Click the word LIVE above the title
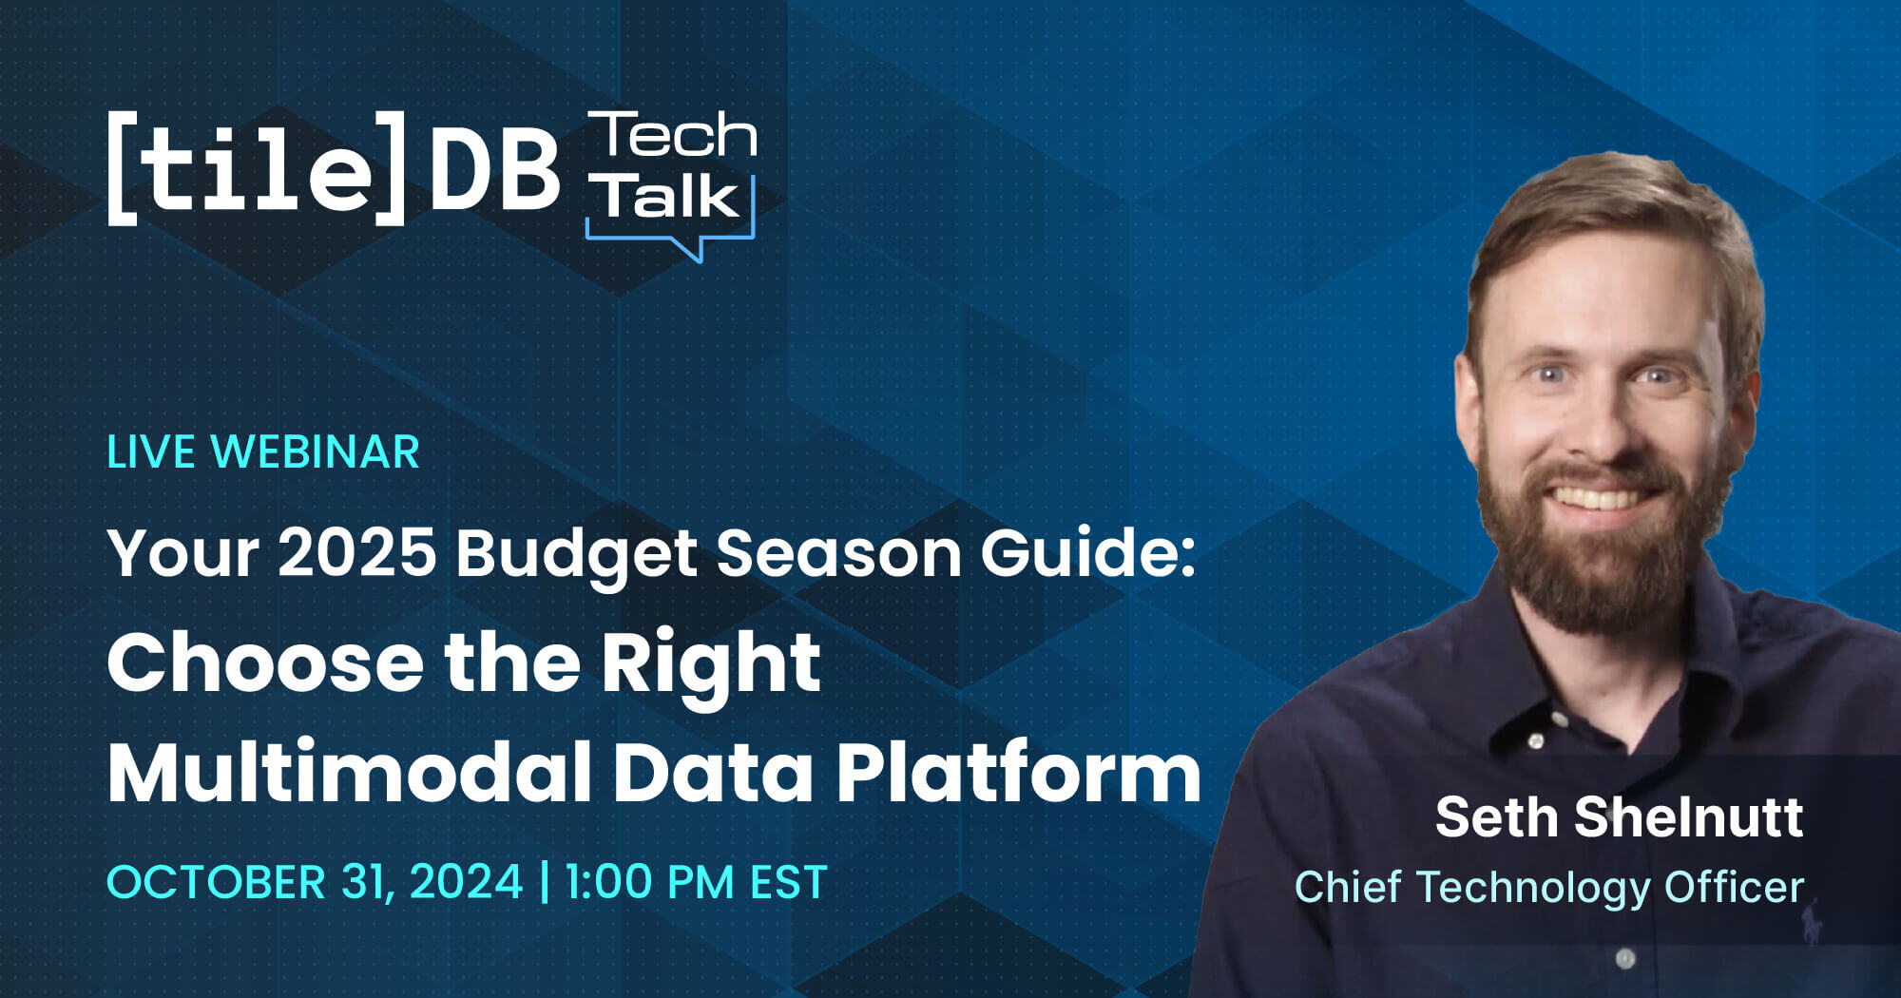[150, 452]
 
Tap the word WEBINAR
[315, 452]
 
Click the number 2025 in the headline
[357, 552]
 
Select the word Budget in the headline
[577, 554]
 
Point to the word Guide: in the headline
[1087, 552]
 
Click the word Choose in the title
[265, 662]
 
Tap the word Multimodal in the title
[350, 772]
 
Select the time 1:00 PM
[649, 882]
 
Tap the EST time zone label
[788, 882]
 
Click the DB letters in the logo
[494, 171]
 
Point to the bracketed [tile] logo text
[257, 169]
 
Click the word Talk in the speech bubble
[667, 196]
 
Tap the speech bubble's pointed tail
[694, 249]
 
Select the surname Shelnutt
[1689, 817]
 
